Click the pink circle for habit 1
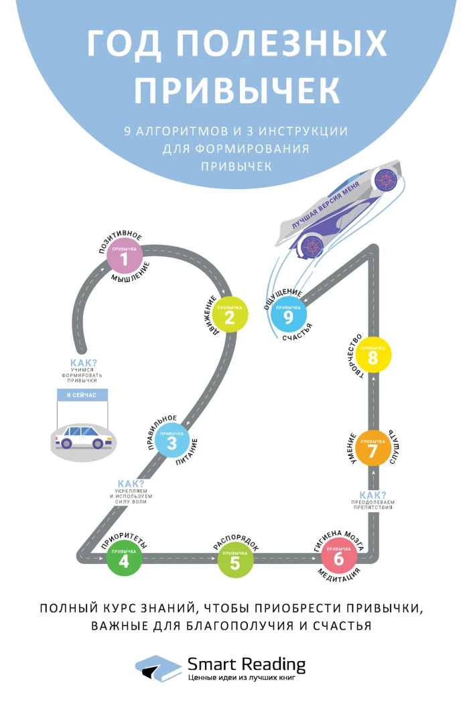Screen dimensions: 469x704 (x=124, y=256)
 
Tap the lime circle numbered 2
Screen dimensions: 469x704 (x=230, y=314)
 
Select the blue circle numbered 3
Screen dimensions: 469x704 (x=172, y=441)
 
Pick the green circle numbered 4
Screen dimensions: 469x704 (x=124, y=559)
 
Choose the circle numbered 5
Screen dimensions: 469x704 (x=235, y=561)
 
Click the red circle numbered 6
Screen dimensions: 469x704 (x=339, y=556)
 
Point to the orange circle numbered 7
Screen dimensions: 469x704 (x=373, y=449)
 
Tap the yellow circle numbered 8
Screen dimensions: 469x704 (x=373, y=355)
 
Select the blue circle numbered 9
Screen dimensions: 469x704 (x=288, y=314)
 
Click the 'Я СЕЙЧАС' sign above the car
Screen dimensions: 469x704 (x=82, y=395)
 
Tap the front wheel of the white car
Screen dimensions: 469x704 (x=98, y=444)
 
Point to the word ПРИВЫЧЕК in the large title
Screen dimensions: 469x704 (x=237, y=89)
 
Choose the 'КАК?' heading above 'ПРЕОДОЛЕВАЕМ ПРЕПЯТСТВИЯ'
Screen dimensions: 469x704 (x=373, y=495)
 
